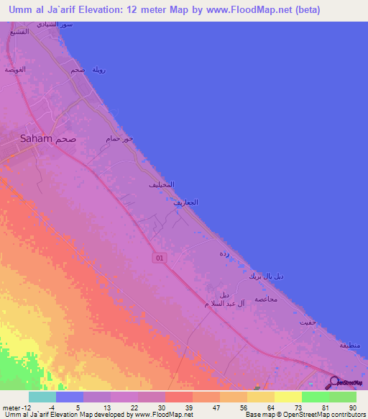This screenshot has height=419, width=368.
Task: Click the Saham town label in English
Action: pyautogui.click(x=36, y=139)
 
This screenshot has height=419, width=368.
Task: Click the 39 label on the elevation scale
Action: pyautogui.click(x=188, y=407)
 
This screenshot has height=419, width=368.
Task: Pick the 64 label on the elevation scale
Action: pyautogui.click(x=270, y=407)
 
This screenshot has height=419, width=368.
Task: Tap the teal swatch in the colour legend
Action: pyautogui.click(x=42, y=397)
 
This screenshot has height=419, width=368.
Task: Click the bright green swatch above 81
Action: pyautogui.click(x=315, y=397)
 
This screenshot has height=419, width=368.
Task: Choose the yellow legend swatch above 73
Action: pyautogui.click(x=287, y=397)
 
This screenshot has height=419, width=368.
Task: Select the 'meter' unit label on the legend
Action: pyautogui.click(x=11, y=407)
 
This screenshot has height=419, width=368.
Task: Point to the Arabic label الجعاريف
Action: pyautogui.click(x=185, y=204)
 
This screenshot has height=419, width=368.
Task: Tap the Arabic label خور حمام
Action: pyautogui.click(x=119, y=138)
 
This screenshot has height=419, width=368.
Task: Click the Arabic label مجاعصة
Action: pyautogui.click(x=267, y=299)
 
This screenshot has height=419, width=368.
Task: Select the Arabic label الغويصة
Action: pyautogui.click(x=16, y=69)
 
